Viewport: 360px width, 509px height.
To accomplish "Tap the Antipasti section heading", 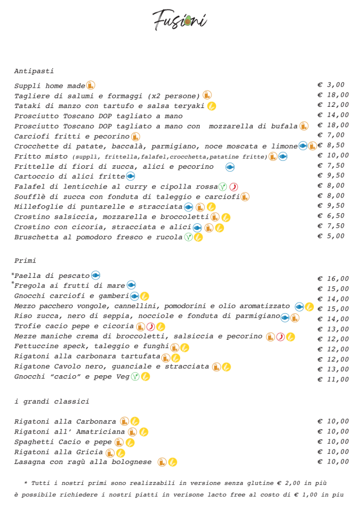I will pyautogui.click(x=34, y=71).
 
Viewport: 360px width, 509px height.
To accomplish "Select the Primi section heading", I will pyautogui.click(x=25, y=260).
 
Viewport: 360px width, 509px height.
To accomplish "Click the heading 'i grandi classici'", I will pyautogui.click(x=52, y=402).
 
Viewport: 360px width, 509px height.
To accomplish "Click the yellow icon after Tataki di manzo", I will pyautogui.click(x=211, y=106).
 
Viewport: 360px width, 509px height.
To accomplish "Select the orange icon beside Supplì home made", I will pyautogui.click(x=90, y=85).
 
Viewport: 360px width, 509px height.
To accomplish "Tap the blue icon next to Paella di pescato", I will pyautogui.click(x=96, y=276).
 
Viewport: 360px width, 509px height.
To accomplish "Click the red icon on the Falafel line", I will pyautogui.click(x=233, y=186).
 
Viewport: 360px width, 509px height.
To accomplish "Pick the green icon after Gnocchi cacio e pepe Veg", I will pyautogui.click(x=135, y=376).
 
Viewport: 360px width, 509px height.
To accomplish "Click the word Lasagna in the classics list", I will pyautogui.click(x=29, y=462).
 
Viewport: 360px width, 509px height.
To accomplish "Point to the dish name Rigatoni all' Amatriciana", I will pyautogui.click(x=69, y=431).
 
